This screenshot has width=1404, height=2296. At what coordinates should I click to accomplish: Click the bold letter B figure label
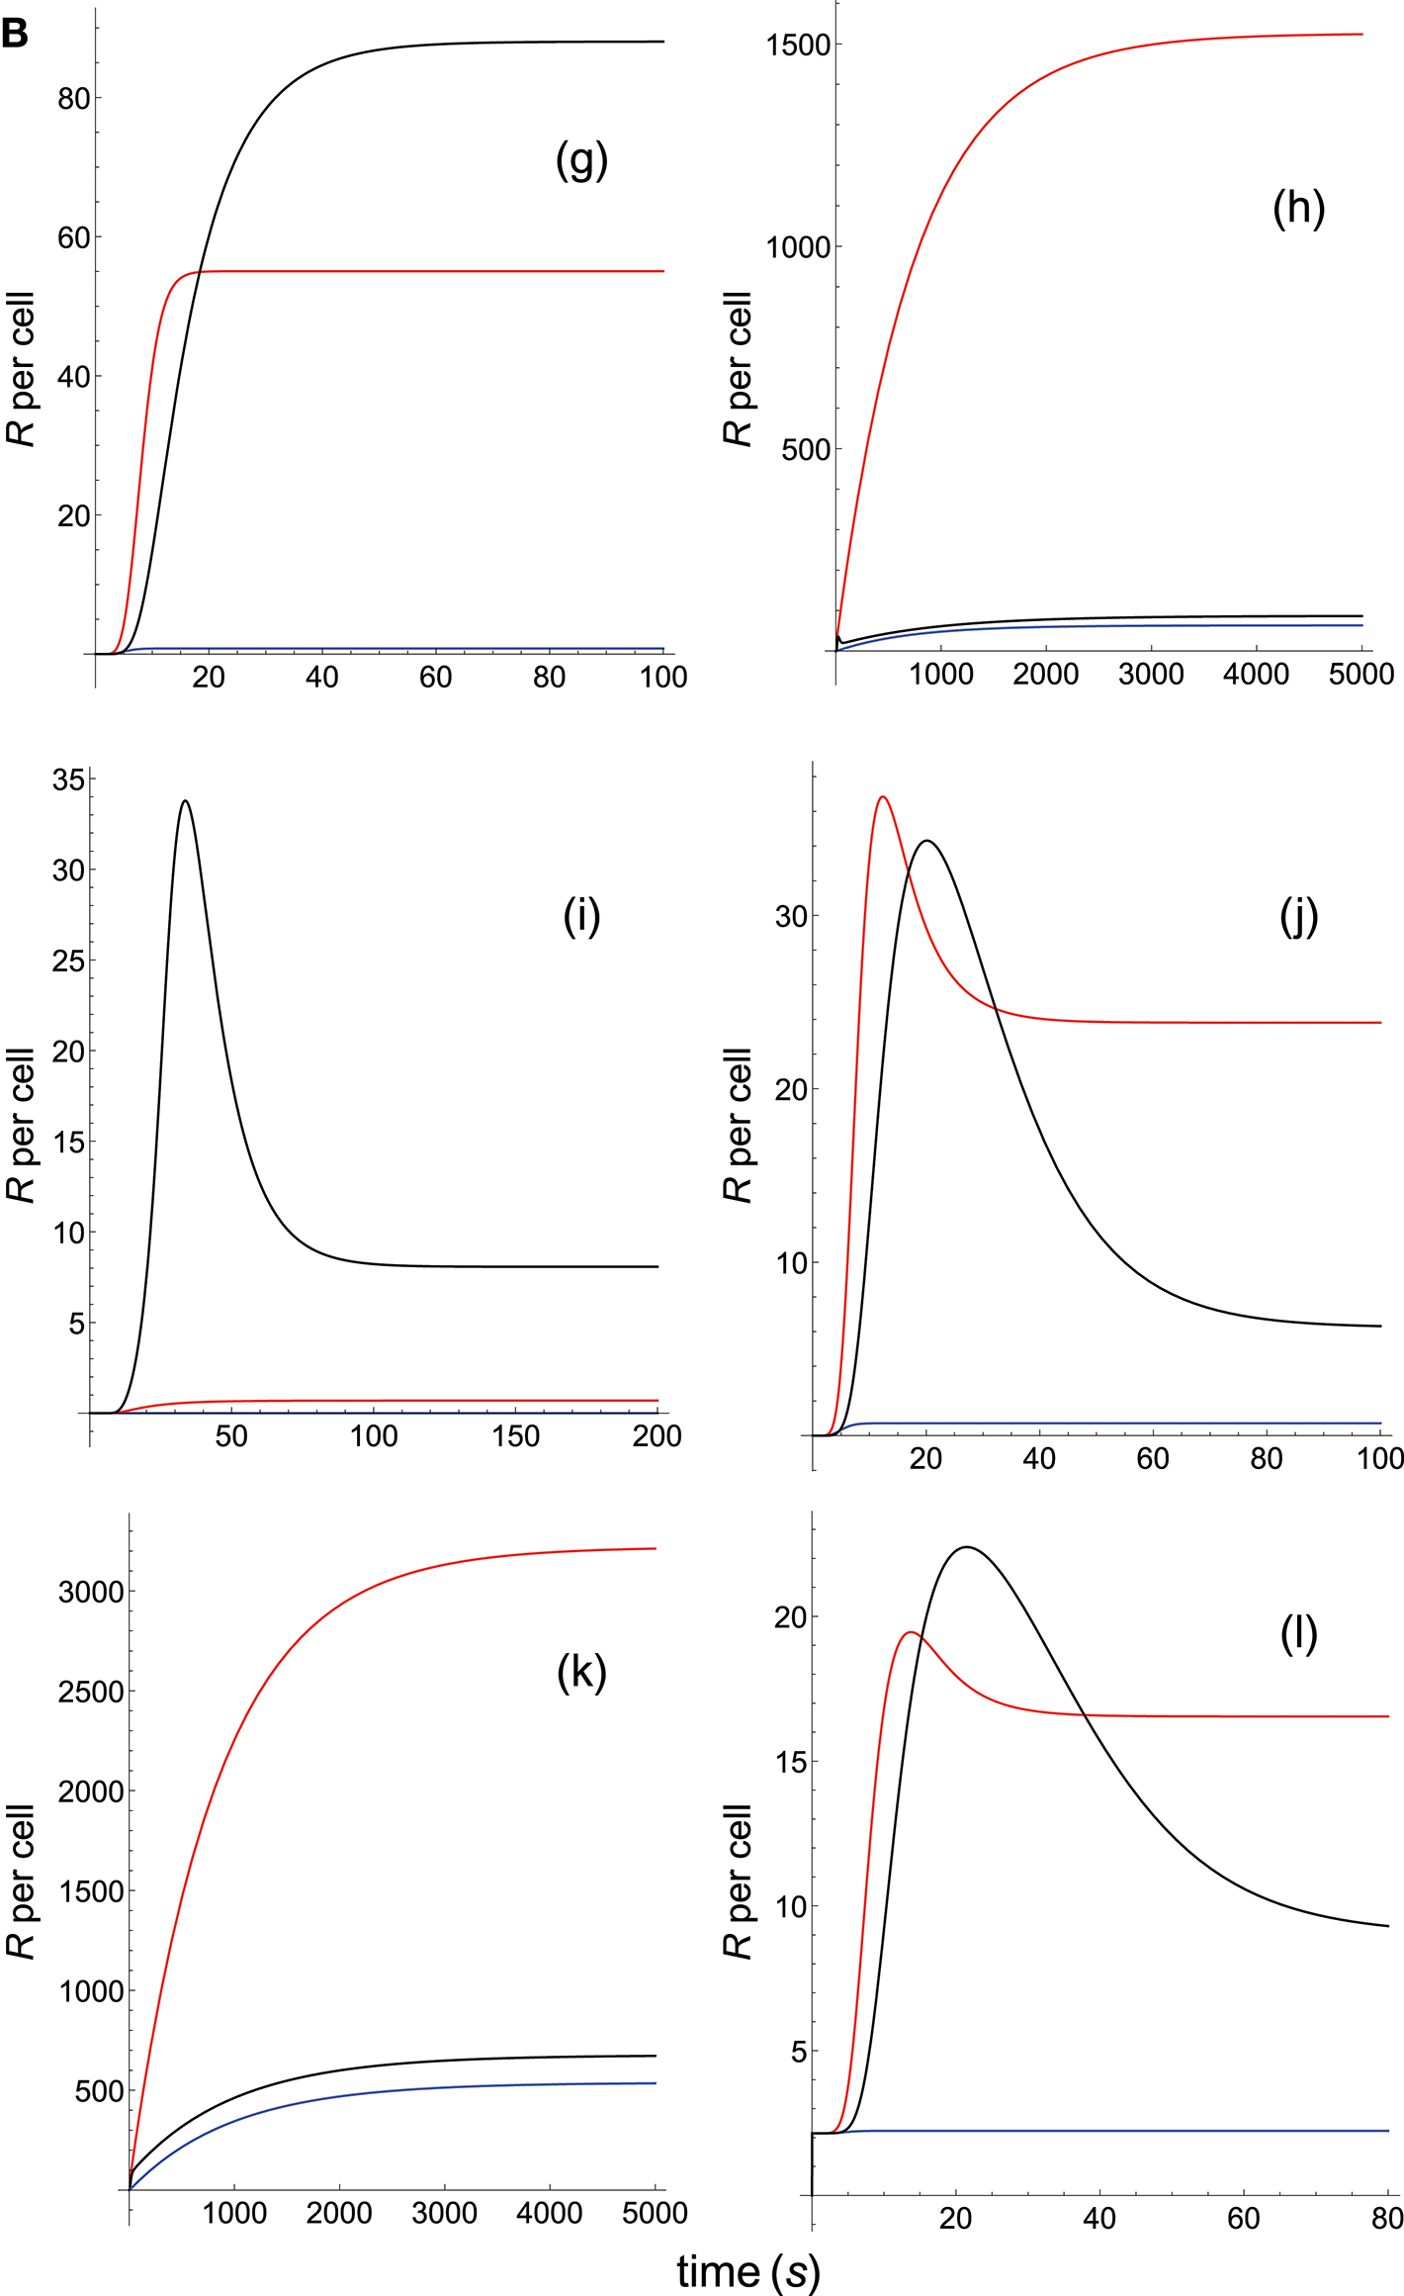pos(15,35)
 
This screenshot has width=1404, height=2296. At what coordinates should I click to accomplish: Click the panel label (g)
pos(581,160)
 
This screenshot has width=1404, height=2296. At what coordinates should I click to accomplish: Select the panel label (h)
pos(1298,208)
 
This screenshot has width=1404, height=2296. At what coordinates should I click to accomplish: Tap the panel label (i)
pos(581,916)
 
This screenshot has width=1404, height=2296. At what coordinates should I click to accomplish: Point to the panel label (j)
pos(1298,916)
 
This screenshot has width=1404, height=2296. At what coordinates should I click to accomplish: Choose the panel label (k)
pos(581,1672)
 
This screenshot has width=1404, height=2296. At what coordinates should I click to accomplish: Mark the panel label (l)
pos(1298,1634)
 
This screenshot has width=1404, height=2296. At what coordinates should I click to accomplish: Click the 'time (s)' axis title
pos(748,2271)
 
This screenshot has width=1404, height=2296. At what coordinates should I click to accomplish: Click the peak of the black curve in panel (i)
pos(185,801)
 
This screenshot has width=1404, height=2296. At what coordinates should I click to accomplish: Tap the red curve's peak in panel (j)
pos(883,796)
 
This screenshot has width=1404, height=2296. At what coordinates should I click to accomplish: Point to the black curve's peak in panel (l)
pos(966,1547)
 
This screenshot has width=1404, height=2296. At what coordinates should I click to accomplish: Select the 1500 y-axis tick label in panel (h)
pos(798,45)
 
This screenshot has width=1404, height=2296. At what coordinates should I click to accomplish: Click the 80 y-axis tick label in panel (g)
pos(74,99)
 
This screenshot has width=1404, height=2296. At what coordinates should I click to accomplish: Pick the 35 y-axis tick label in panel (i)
pos(69,780)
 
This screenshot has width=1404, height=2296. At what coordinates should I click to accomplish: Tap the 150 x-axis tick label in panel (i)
pos(516,1436)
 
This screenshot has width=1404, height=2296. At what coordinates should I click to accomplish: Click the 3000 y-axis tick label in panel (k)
pos(91,1592)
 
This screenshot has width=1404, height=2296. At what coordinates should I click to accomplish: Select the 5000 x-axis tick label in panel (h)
pos(1361,675)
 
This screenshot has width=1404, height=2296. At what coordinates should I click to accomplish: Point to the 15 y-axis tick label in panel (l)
pos(791,1762)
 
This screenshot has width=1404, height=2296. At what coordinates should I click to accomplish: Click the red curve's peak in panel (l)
pos(911,1632)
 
